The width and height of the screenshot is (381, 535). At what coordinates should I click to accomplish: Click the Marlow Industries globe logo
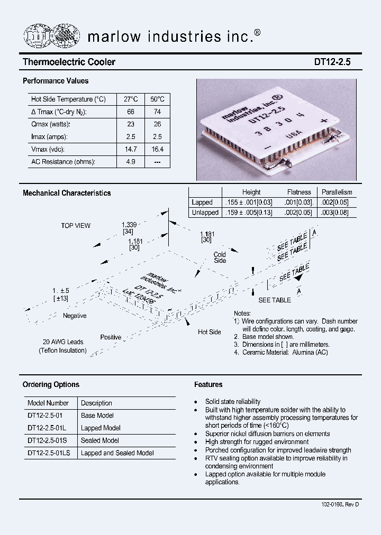[x=51, y=36]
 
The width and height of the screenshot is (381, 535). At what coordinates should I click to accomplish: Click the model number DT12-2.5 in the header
[x=336, y=62]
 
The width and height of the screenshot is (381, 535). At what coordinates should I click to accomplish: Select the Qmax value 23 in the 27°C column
[x=131, y=124]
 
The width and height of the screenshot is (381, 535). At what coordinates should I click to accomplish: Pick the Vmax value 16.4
[x=157, y=150]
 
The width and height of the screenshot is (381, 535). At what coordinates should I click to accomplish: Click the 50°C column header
[x=157, y=99]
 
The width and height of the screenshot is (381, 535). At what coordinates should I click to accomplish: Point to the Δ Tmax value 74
[x=157, y=112]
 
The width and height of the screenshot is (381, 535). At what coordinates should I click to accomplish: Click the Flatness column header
[x=299, y=192]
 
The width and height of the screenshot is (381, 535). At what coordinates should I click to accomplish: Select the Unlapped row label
[x=205, y=213]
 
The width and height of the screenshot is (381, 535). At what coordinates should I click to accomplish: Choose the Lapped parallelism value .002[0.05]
[x=337, y=202]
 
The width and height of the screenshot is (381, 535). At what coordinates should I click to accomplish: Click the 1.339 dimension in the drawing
[x=129, y=225]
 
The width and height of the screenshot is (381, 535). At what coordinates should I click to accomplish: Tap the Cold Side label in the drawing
[x=220, y=257]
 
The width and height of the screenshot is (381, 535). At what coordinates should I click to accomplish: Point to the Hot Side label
[x=209, y=332]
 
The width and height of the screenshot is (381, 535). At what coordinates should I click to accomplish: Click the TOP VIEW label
[x=76, y=226]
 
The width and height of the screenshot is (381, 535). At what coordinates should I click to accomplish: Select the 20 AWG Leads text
[x=63, y=342]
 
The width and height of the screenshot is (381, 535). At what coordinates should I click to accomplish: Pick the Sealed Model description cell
[x=100, y=440]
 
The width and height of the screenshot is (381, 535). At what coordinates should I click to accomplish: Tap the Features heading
[x=208, y=385]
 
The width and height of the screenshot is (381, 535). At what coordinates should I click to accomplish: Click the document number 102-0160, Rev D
[x=340, y=505]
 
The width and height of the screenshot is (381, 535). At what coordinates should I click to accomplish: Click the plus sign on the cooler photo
[x=323, y=121]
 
